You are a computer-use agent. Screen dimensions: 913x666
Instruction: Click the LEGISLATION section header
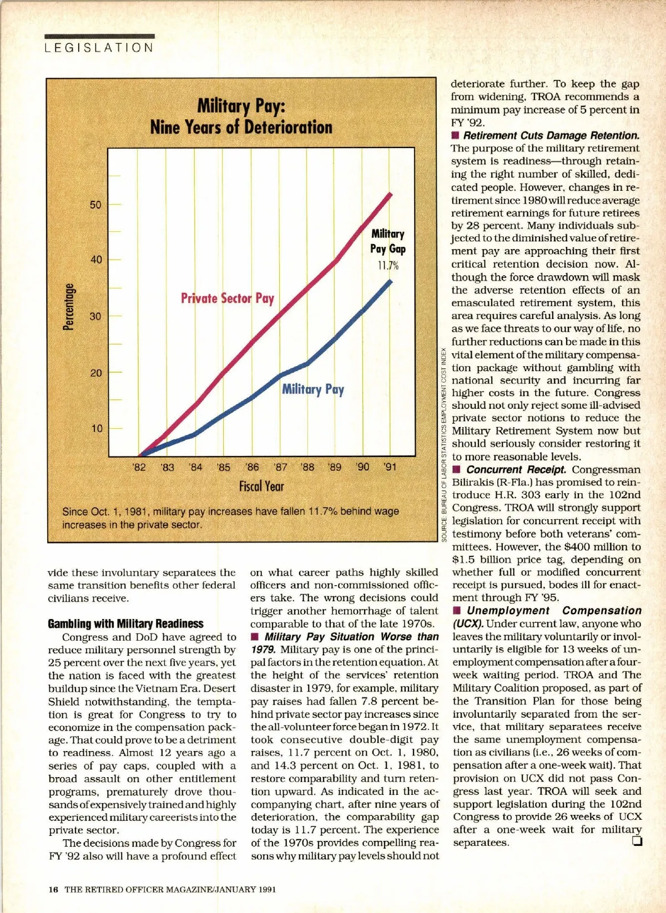point(99,48)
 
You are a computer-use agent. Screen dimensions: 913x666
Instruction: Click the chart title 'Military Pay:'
point(241,105)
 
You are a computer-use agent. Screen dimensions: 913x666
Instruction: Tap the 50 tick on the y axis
point(96,205)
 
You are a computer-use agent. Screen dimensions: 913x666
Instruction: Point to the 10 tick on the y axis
point(97,429)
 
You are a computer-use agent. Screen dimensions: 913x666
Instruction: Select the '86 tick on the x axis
point(252,467)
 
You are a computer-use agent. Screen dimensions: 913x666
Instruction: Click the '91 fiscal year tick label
point(390,467)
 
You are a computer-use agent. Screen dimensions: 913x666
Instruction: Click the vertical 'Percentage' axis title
point(69,307)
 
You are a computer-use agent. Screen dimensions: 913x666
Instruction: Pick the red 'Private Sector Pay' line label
point(228,298)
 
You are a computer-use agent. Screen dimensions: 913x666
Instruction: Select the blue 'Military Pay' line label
point(313,389)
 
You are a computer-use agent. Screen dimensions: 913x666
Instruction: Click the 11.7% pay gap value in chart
point(388,265)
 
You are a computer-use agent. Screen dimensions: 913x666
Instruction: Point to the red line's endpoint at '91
point(391,194)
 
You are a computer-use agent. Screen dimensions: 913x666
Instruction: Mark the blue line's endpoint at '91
point(391,281)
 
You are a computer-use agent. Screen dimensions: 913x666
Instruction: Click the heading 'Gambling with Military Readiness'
point(125,623)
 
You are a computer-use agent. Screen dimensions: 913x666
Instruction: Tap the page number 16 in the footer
point(53,889)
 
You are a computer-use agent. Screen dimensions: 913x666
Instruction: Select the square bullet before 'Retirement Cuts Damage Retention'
point(456,135)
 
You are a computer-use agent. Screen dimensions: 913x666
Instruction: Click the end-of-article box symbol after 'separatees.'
point(637,841)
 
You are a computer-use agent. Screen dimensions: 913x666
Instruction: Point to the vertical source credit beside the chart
point(444,444)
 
